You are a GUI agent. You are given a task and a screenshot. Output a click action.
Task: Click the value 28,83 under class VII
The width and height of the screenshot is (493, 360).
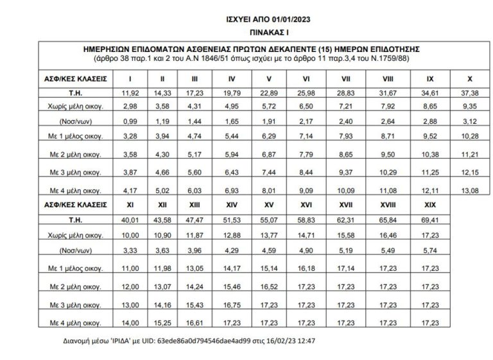[347, 94]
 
